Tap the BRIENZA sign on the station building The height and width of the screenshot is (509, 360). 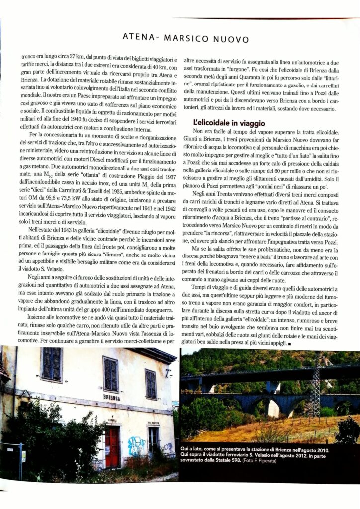(111, 397)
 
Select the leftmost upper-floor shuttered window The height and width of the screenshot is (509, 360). (52, 364)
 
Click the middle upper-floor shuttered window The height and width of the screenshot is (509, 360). (110, 374)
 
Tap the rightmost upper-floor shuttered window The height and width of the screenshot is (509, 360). (151, 384)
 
